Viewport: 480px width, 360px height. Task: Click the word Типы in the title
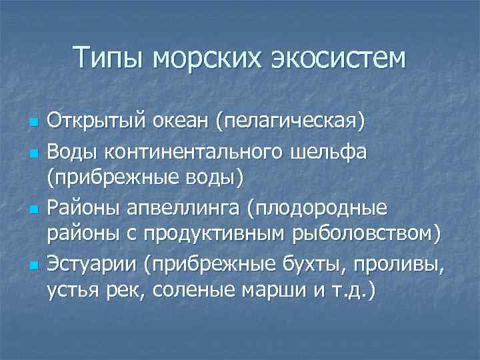[x=108, y=58]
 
